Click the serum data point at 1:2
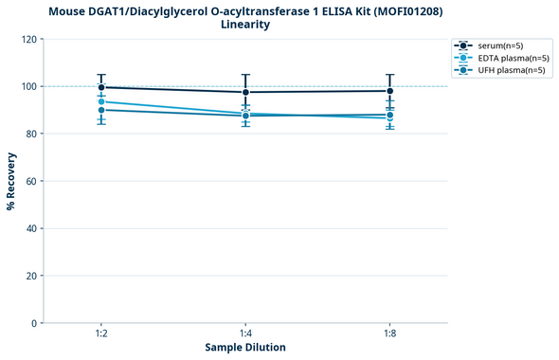pos(101,87)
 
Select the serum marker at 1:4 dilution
pos(245,92)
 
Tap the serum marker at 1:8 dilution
pos(389,91)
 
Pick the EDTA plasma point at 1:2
pos(101,101)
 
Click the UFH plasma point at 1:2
pos(101,110)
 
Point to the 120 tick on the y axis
pos(28,39)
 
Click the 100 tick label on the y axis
pos(28,86)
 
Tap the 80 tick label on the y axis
pos(31,134)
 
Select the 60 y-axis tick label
pos(31,181)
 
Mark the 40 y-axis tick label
pos(31,228)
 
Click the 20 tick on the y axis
pos(31,276)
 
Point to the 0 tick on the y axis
pos(34,323)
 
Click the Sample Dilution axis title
pos(245,348)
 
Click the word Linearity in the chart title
pos(244,25)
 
